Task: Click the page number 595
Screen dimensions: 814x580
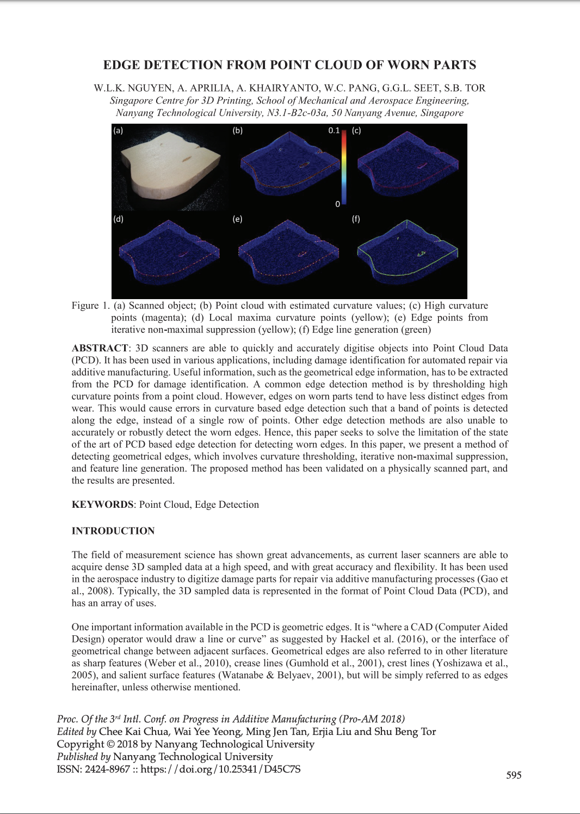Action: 514,775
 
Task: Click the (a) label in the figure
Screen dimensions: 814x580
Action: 118,131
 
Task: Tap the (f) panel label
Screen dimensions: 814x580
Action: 356,219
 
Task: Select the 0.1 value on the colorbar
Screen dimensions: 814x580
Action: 334,131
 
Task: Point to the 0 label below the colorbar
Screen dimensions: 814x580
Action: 338,204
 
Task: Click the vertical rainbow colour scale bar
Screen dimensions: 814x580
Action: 344,166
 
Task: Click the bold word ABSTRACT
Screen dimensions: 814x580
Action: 100,348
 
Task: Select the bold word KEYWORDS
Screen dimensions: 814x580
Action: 102,505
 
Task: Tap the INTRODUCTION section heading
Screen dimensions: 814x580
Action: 113,531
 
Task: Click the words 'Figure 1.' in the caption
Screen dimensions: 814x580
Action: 90,306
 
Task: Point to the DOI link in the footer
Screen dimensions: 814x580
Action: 220,769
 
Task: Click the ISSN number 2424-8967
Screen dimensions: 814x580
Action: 107,769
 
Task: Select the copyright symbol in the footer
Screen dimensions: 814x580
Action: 110,744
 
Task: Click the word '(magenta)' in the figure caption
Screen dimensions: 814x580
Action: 162,318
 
